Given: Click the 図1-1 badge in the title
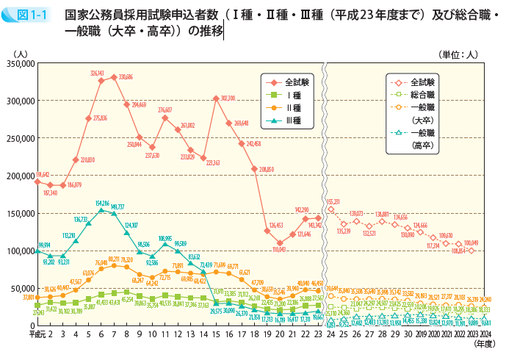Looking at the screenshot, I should coord(28,13).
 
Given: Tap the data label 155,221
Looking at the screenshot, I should coord(332,201).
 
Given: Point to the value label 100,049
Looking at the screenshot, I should coord(470,243).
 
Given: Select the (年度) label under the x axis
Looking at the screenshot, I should coord(483,343).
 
